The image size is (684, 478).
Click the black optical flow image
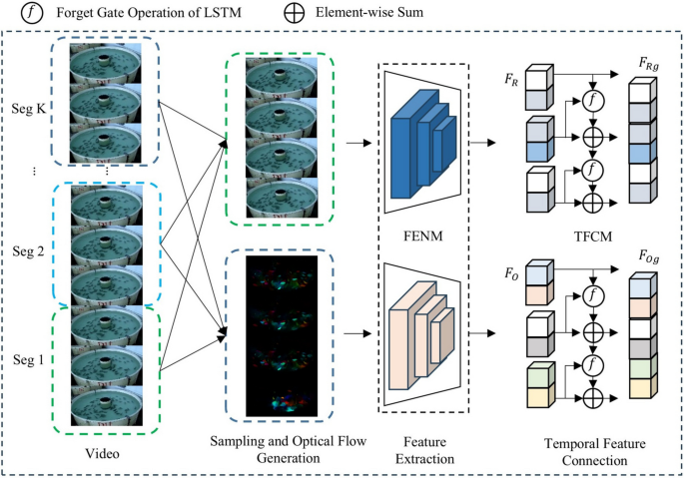(272, 335)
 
